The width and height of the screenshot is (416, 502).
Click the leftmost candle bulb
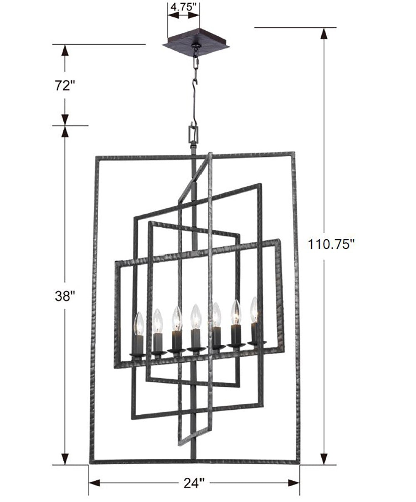pyautogui.click(x=139, y=324)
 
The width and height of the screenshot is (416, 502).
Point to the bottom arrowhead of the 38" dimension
pyautogui.click(x=64, y=459)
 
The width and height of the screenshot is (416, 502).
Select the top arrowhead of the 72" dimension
pyautogui.click(x=64, y=50)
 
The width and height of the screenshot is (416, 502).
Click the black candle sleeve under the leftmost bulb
pyautogui.click(x=138, y=345)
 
